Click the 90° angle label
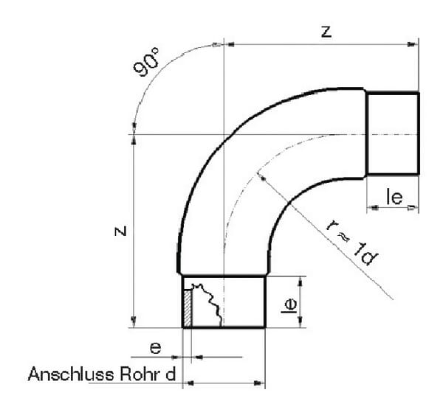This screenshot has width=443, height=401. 146,62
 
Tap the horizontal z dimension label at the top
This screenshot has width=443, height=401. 326,32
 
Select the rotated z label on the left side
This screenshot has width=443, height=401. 120,231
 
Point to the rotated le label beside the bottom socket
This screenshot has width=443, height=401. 289,306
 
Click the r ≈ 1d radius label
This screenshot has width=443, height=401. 351,243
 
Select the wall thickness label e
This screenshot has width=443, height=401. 155,348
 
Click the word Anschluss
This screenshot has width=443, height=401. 71,374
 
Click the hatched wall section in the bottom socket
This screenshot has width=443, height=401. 188,309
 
